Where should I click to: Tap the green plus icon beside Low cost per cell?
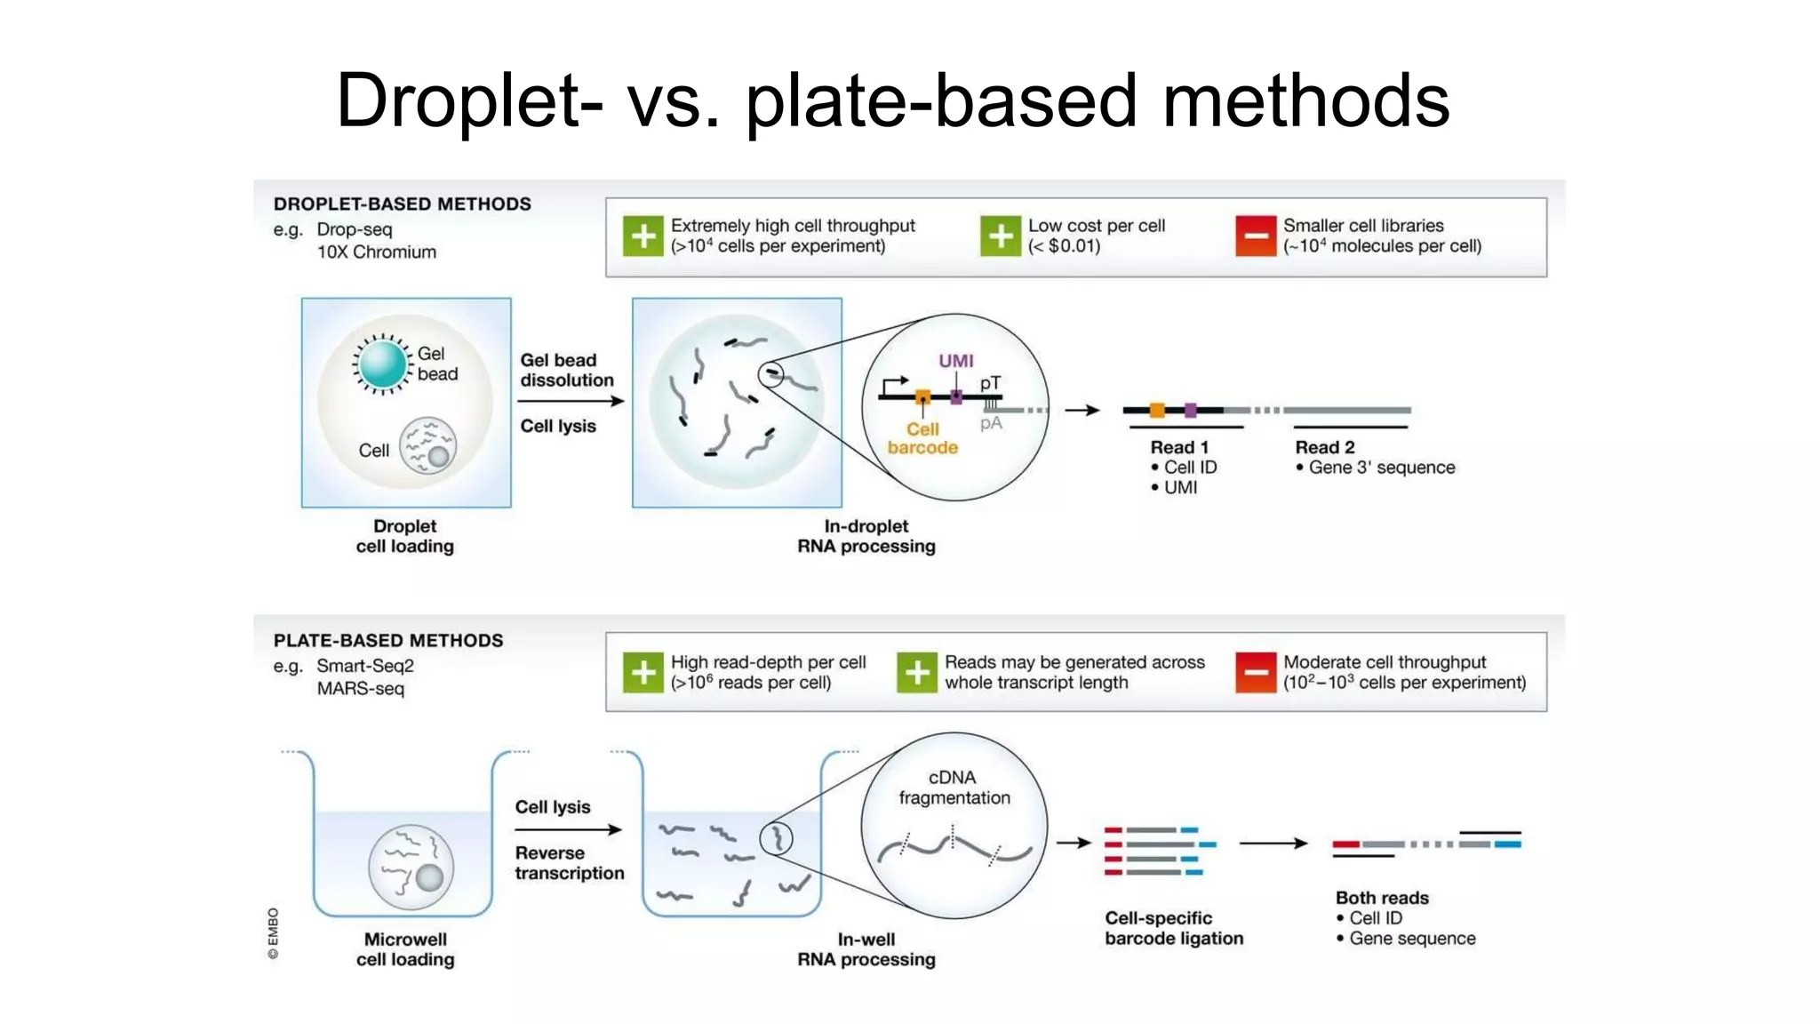pos(1000,236)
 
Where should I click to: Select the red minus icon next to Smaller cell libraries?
pos(1255,236)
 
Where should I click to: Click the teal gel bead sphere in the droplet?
pos(383,364)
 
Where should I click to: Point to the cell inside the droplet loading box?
pos(427,445)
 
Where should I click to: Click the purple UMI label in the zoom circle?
pos(955,361)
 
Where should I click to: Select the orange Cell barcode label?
pos(922,438)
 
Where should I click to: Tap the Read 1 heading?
pos(1178,447)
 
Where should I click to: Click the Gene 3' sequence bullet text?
pos(1381,468)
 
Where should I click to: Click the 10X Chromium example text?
pos(377,252)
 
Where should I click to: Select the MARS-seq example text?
pos(360,689)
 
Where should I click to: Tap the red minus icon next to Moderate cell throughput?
pos(1255,673)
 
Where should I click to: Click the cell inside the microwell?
pos(411,868)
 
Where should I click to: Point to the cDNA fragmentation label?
pos(954,788)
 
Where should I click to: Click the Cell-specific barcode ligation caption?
pos(1173,928)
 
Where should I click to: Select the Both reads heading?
pos(1381,898)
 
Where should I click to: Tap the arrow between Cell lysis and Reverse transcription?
pos(568,830)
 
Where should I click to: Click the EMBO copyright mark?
pos(273,933)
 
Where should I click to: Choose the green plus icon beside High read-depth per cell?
pos(643,673)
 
